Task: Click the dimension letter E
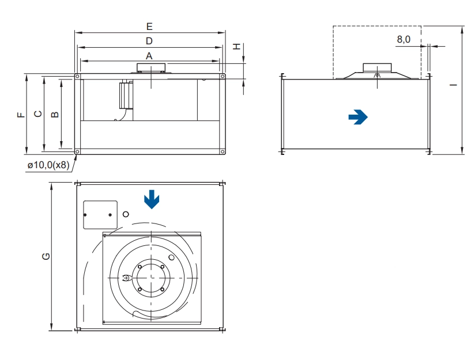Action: (x=149, y=26)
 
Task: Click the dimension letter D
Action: (x=149, y=41)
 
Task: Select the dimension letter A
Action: (x=149, y=56)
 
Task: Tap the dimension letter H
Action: (x=238, y=47)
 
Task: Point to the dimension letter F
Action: (x=21, y=114)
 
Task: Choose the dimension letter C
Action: (x=38, y=114)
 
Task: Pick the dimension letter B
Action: (x=55, y=114)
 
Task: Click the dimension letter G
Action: (x=46, y=256)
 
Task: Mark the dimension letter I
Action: (x=453, y=85)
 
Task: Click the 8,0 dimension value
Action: (x=404, y=39)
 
